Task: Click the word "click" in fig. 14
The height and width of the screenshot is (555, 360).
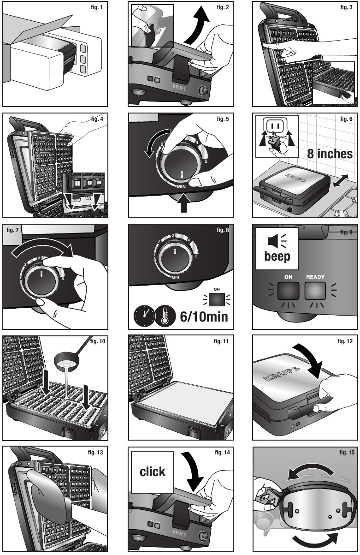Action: tap(153, 471)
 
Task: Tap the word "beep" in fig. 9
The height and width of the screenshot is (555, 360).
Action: tap(277, 256)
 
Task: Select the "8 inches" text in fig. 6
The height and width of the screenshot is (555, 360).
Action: tap(330, 153)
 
